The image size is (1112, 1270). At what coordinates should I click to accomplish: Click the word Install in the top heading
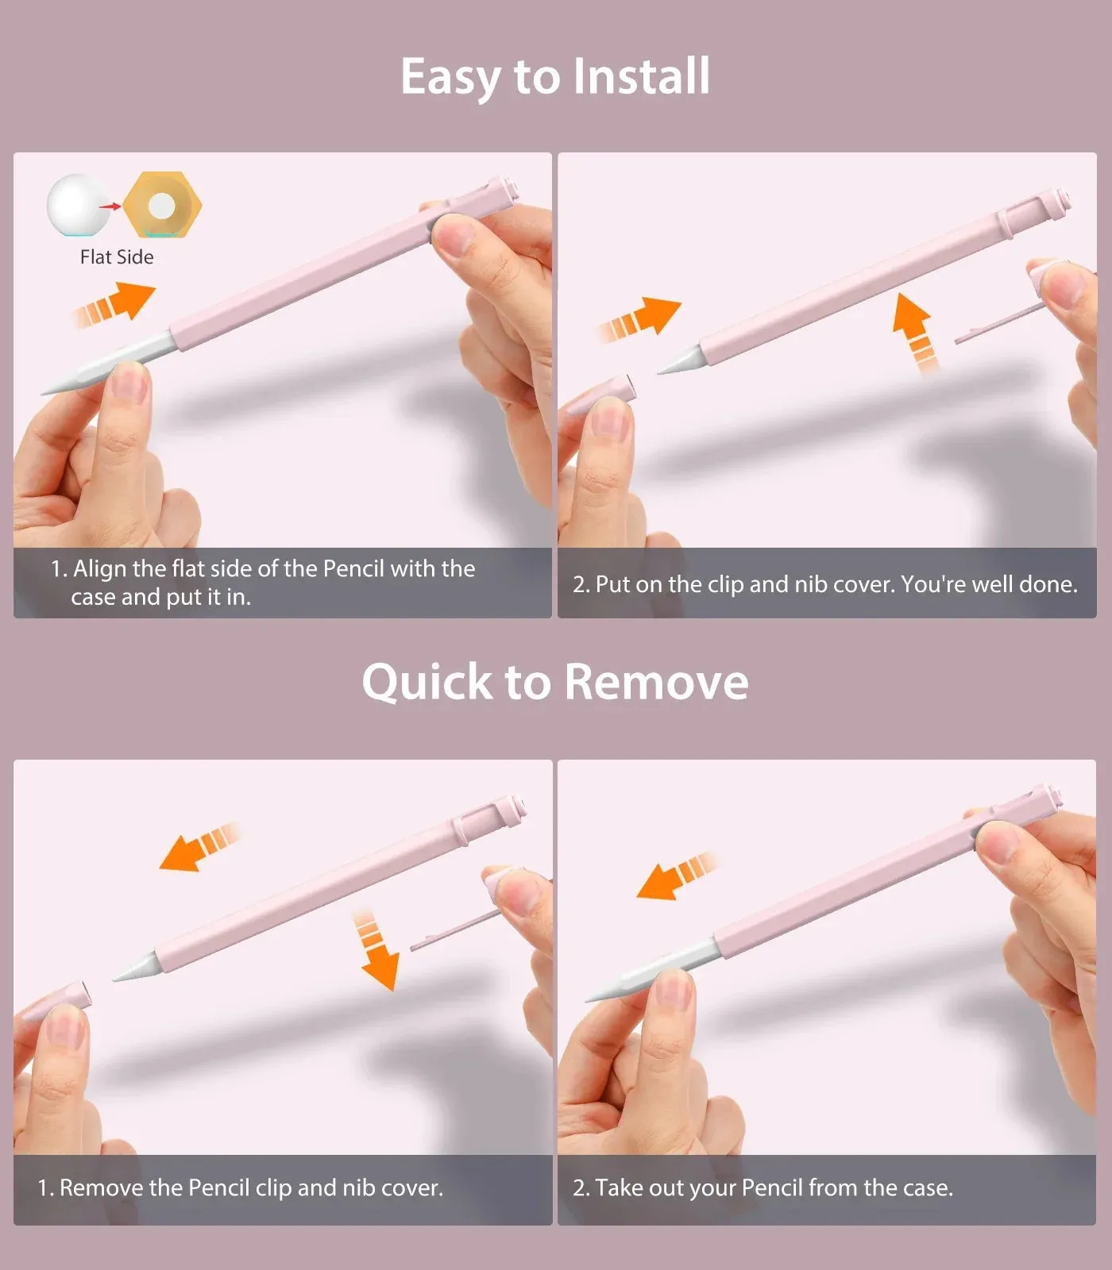[641, 76]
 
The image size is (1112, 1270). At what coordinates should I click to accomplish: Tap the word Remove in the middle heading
[657, 682]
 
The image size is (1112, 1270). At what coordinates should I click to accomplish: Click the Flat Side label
[117, 257]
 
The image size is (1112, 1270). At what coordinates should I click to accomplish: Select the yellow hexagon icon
[163, 205]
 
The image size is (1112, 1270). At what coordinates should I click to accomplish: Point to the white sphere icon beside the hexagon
[77, 205]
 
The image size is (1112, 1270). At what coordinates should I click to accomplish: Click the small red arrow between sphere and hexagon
[110, 206]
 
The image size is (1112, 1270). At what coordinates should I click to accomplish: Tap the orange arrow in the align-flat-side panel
[115, 307]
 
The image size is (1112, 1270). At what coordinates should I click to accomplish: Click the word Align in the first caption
[99, 569]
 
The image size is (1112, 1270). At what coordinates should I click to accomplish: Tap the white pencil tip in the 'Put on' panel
[679, 360]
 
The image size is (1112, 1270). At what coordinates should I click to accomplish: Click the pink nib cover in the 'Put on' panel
[604, 393]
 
